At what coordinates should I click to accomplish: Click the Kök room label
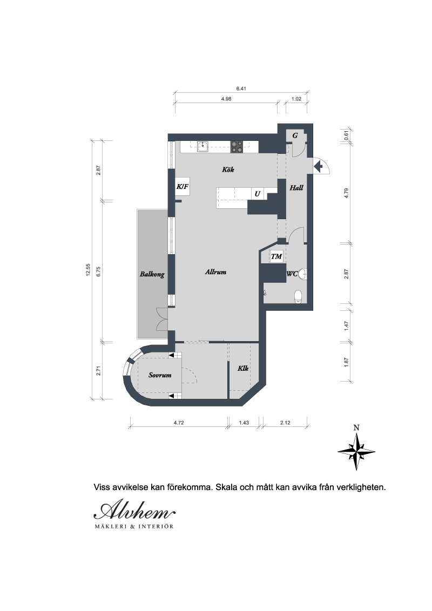click(228, 169)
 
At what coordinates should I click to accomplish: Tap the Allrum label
click(215, 272)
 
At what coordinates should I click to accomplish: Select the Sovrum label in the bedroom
click(160, 375)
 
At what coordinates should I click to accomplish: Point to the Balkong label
click(152, 274)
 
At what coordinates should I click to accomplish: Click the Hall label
click(296, 188)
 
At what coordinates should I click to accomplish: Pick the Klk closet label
click(243, 368)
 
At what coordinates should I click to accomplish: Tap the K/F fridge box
click(183, 187)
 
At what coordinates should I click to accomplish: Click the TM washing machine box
click(276, 257)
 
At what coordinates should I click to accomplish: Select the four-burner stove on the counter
click(237, 147)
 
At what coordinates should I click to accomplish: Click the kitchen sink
click(202, 146)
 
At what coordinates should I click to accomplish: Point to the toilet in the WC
click(298, 296)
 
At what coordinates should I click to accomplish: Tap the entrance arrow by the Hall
click(319, 167)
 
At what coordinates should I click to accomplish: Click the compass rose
click(356, 452)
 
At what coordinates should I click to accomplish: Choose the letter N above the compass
click(356, 428)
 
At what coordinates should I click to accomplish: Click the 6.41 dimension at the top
click(241, 89)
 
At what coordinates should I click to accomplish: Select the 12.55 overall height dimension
click(88, 270)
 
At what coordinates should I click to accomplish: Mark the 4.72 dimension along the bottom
click(179, 423)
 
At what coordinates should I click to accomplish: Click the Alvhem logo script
click(134, 511)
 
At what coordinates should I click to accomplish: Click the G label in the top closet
click(295, 135)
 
